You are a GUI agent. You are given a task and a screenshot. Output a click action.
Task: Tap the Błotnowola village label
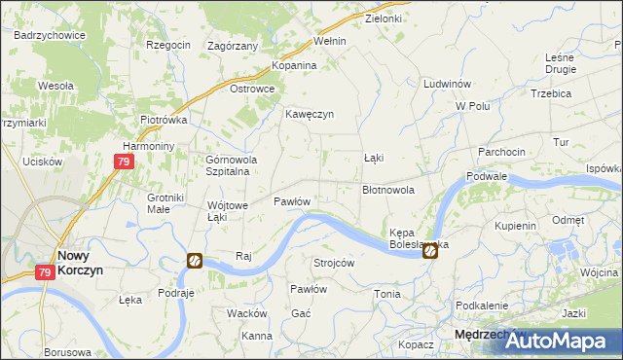point(388,191)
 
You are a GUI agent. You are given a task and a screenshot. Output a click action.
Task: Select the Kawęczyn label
point(310,114)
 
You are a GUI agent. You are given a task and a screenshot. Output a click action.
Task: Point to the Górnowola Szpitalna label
point(229,165)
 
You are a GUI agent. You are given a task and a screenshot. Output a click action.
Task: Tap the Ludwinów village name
point(448,85)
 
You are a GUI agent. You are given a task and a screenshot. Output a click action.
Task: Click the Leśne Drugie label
point(561,63)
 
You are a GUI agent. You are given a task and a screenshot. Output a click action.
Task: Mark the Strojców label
point(333,264)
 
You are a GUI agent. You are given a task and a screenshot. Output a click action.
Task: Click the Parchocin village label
point(501,152)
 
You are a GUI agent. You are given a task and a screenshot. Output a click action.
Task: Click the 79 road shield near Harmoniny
point(123,162)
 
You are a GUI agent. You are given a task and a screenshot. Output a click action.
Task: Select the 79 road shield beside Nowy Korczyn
point(46,273)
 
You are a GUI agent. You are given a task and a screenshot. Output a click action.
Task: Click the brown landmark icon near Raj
point(195,261)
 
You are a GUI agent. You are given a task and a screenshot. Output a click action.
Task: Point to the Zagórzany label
point(234,46)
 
